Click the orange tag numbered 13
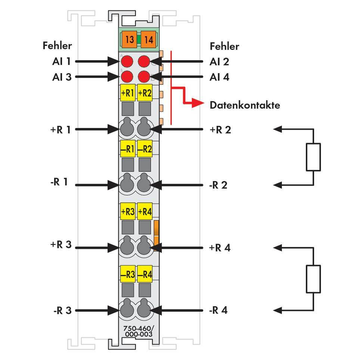(x=130, y=39)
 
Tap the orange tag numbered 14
(x=148, y=39)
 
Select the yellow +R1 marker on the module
(x=128, y=93)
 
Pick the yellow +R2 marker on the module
(x=145, y=93)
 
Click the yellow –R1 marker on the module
(x=128, y=149)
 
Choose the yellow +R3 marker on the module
(x=128, y=212)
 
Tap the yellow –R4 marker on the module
(x=145, y=275)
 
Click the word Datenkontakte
(x=245, y=105)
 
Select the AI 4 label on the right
(x=220, y=77)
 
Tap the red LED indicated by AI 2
(x=144, y=61)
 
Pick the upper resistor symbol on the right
(x=313, y=157)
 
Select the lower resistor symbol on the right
(x=313, y=279)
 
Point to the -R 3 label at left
(x=62, y=310)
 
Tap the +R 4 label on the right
(x=220, y=248)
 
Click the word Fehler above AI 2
(x=224, y=46)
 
